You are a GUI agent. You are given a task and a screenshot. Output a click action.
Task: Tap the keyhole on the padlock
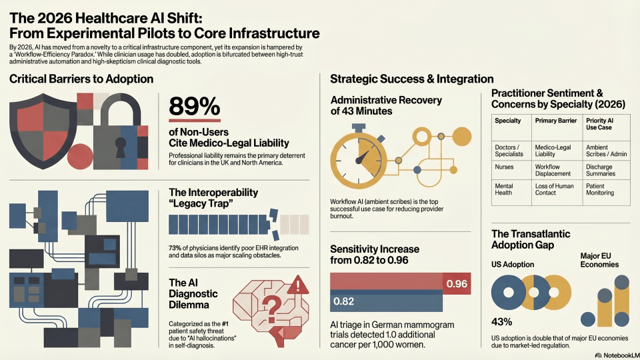tap(120, 143)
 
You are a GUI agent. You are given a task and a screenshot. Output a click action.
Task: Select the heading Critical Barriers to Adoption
tap(81, 79)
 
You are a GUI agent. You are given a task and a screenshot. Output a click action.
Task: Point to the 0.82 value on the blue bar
tap(343, 301)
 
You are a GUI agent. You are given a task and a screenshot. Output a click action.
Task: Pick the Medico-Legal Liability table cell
tap(553, 151)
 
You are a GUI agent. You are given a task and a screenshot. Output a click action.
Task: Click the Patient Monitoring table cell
tap(600, 189)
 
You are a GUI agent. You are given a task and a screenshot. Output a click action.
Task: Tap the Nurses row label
tap(505, 167)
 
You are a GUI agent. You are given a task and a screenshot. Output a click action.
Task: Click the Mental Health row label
tap(505, 189)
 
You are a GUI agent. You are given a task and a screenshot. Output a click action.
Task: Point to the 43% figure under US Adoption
tap(501, 322)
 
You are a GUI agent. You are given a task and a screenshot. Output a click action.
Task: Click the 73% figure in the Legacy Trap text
tap(177, 247)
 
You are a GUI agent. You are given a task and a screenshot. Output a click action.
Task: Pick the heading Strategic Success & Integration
tap(411, 79)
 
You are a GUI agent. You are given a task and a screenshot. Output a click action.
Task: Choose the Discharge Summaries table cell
tap(601, 170)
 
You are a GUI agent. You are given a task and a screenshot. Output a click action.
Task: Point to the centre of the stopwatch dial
tap(360, 161)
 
